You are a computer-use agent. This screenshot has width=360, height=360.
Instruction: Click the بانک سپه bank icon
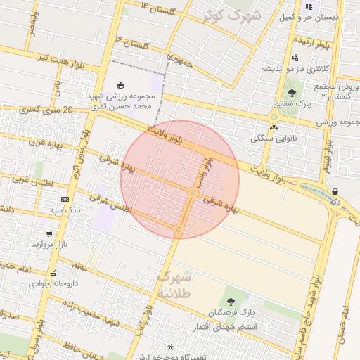click(x=65, y=200)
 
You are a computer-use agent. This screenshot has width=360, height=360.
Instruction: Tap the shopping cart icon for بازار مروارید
click(x=49, y=234)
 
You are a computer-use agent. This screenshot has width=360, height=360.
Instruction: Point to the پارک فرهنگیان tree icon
click(x=229, y=302)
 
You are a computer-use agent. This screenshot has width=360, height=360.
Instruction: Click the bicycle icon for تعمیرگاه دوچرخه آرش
click(x=169, y=347)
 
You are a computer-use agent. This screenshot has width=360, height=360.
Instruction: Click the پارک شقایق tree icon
click(x=292, y=92)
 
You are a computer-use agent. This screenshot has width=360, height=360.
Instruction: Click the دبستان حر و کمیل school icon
click(x=307, y=6)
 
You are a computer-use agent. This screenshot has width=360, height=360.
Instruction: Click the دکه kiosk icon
click(x=335, y=191)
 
